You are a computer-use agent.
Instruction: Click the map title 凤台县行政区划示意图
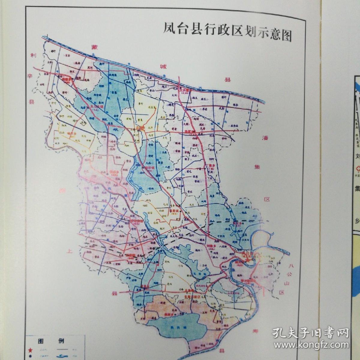227,31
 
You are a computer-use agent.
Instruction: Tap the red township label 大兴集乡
185,89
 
